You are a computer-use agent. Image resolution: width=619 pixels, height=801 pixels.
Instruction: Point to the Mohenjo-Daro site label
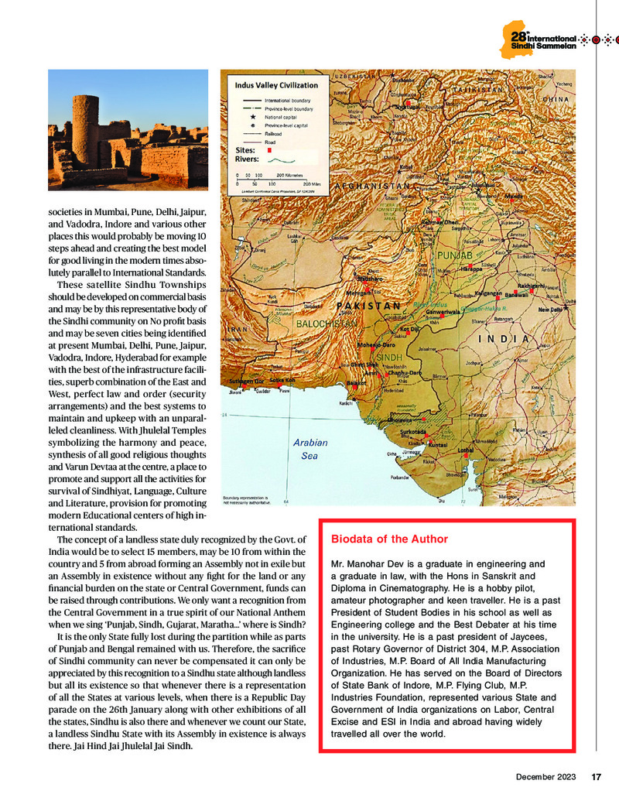[378, 344]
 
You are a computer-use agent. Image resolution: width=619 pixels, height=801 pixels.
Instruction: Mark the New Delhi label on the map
[554, 310]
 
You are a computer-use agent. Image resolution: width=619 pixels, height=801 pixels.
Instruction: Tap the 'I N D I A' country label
[503, 338]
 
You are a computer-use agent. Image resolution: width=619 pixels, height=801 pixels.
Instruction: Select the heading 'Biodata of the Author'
[389, 539]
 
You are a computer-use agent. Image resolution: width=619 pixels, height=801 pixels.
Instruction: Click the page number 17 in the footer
[597, 777]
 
